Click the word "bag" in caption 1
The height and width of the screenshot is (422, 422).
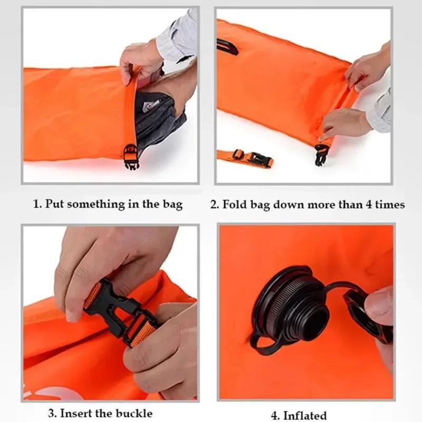pyautogui.click(x=170, y=204)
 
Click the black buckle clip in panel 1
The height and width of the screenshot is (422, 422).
pyautogui.click(x=130, y=157)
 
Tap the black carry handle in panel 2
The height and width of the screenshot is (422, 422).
pyautogui.click(x=227, y=46)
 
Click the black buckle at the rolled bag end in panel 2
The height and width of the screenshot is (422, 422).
pyautogui.click(x=321, y=154)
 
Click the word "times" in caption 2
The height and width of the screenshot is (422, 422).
pyautogui.click(x=390, y=204)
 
